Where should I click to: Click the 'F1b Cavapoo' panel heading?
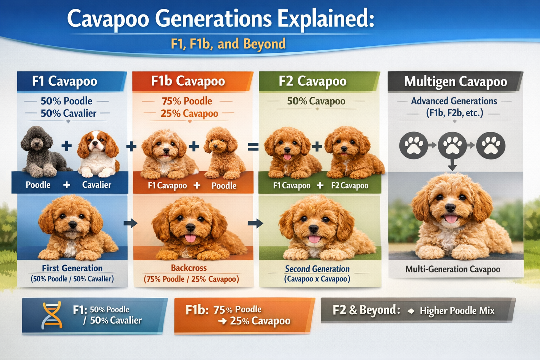(x=188, y=81)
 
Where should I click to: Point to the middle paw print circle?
(x=452, y=145)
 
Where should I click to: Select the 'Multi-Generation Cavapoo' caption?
(x=452, y=269)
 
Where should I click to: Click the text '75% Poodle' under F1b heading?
(x=187, y=101)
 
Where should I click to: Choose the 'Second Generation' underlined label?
(x=317, y=269)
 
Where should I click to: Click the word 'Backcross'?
(x=189, y=268)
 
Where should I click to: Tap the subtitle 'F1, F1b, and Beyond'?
(x=228, y=44)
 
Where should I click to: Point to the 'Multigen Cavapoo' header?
(x=455, y=82)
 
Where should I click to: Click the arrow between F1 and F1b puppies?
(x=130, y=223)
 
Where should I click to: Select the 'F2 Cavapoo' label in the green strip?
(x=349, y=186)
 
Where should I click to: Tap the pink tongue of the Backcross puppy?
(x=191, y=238)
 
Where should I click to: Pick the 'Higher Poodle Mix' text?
(x=457, y=311)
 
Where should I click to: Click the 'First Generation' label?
(x=72, y=268)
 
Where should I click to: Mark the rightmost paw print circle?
(x=491, y=145)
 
